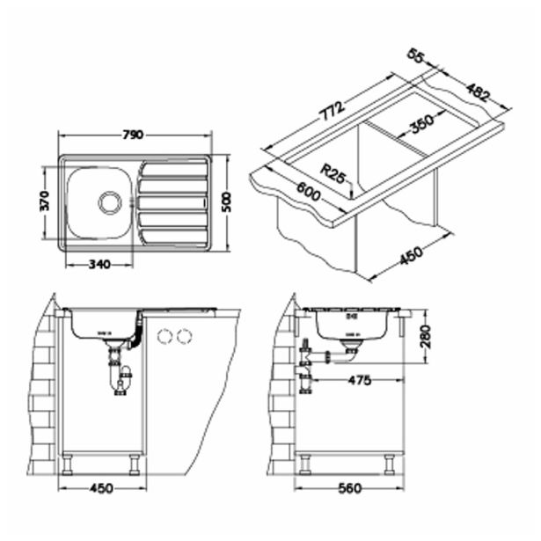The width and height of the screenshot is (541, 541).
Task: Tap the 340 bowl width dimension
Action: pos(99,263)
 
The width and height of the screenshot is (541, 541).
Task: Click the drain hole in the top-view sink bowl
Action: pos(110,201)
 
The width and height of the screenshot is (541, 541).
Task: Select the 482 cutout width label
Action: pos(478,91)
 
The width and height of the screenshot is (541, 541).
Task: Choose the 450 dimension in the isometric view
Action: pos(411,255)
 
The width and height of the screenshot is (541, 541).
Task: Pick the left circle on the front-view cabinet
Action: pos(163,336)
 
